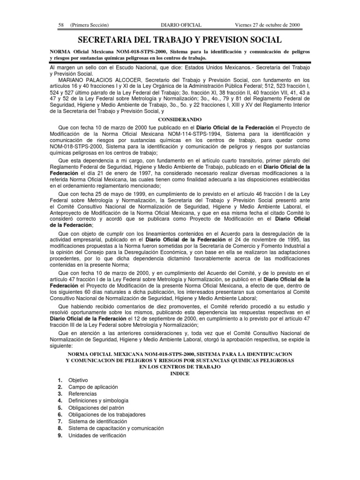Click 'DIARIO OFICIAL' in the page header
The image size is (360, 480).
(x=181, y=25)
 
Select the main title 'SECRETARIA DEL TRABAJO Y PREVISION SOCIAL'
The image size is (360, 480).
(x=180, y=40)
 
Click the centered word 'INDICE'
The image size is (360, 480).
(x=180, y=373)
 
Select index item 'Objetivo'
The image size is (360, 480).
(x=78, y=380)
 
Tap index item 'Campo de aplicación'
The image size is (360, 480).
(x=93, y=387)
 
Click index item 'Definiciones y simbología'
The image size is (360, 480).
(x=98, y=401)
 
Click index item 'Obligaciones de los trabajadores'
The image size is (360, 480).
(x=107, y=415)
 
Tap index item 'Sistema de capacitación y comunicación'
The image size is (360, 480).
(x=116, y=428)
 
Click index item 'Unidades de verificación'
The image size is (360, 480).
(x=97, y=435)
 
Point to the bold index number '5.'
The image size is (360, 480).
(x=60, y=408)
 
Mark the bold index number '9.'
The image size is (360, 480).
(x=60, y=435)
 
